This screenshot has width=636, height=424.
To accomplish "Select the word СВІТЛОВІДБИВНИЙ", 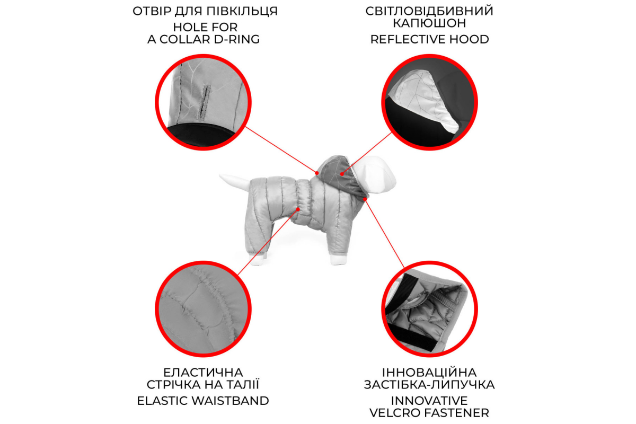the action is pyautogui.click(x=429, y=11).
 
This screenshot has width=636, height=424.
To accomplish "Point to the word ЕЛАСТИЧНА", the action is pyautogui.click(x=203, y=372).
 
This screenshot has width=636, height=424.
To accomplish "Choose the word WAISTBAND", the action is pyautogui.click(x=230, y=401).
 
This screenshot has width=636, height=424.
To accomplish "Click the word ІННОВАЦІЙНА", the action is pyautogui.click(x=429, y=372).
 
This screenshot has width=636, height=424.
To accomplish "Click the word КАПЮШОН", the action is pyautogui.click(x=429, y=23).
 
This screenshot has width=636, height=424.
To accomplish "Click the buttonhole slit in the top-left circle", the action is pyautogui.click(x=204, y=102).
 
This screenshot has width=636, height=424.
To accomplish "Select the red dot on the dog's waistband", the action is pyautogui.click(x=298, y=209).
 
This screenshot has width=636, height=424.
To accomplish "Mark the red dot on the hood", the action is pyautogui.click(x=342, y=174).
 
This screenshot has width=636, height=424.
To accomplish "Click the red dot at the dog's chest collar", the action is pyautogui.click(x=365, y=199).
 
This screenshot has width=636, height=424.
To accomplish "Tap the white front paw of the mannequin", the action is pyautogui.click(x=339, y=260).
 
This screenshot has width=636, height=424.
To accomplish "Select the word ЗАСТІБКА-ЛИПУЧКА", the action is pyautogui.click(x=429, y=385).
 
